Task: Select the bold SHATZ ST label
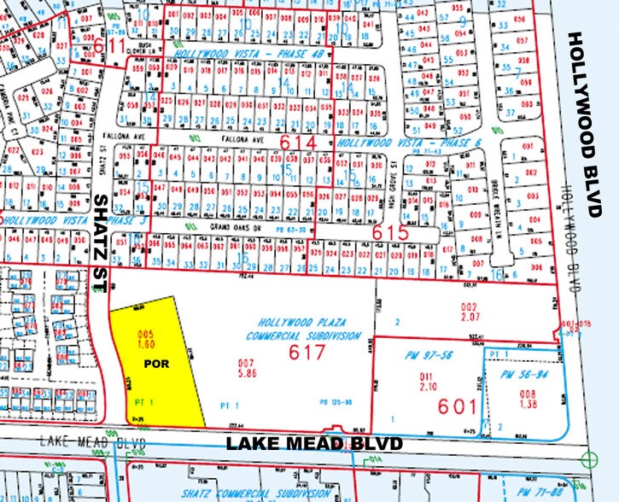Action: tap(100, 243)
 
